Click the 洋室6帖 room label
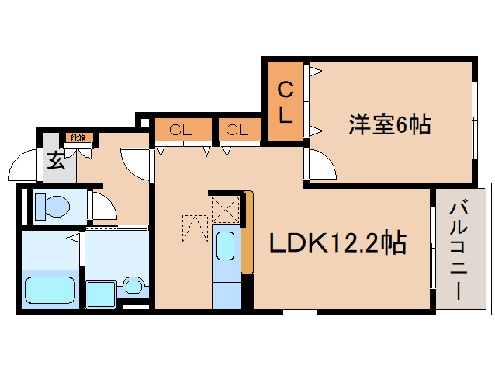pos(389,124)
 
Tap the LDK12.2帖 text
pos(338,244)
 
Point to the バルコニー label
pos(457,249)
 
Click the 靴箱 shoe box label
pos(78,138)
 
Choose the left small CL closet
pos(182,130)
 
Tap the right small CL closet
pos(237,130)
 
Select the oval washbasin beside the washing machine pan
pos(133,285)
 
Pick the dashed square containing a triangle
pos(195,228)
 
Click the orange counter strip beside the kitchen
pos(247,233)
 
